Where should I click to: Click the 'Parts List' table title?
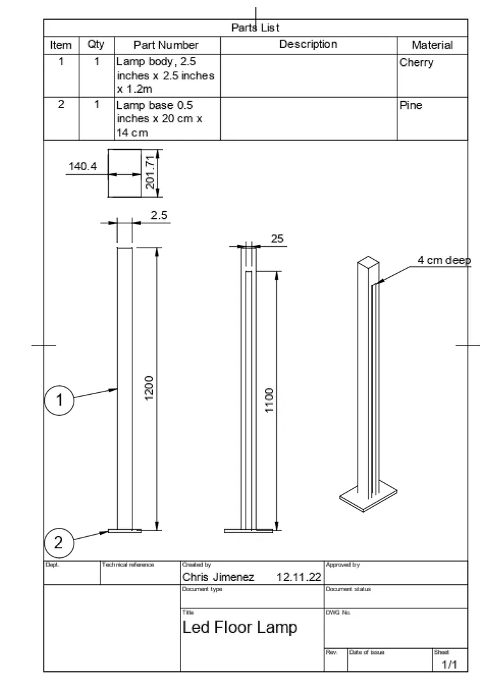[255, 28]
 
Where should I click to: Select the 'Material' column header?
[432, 45]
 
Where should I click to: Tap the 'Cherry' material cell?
[417, 63]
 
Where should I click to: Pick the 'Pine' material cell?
[411, 105]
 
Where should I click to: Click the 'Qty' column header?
[96, 45]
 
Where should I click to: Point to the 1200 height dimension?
[148, 388]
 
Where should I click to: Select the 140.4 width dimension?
[83, 166]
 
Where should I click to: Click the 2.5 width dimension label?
[159, 215]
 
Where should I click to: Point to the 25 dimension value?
[277, 239]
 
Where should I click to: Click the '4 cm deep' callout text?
[444, 260]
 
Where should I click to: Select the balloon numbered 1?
[59, 401]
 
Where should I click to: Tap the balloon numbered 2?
[59, 543]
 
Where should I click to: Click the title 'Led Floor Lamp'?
[240, 627]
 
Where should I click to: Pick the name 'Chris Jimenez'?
[218, 577]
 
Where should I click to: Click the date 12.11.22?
[299, 577]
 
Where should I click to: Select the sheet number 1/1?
[450, 665]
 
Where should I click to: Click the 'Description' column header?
[308, 44]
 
